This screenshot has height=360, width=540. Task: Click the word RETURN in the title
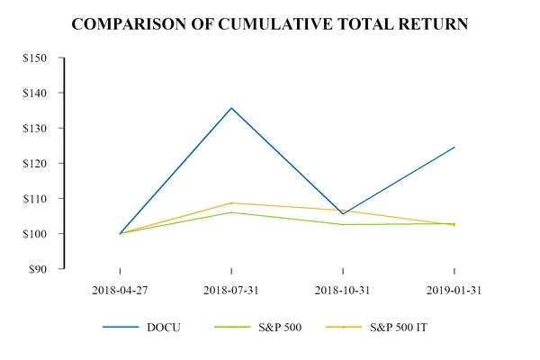433,24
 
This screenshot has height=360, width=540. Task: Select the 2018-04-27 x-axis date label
120,290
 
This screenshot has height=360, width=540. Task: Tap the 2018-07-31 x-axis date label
231,290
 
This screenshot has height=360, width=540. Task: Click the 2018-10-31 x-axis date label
343,290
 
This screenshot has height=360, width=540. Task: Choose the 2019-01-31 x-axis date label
454,290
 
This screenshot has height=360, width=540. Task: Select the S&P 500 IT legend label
400,327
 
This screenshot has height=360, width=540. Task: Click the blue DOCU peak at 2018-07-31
231,108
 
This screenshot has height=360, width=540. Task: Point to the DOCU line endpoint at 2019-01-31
454,147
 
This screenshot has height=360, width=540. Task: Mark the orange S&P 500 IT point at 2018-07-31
231,202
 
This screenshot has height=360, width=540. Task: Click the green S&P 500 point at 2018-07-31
231,212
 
